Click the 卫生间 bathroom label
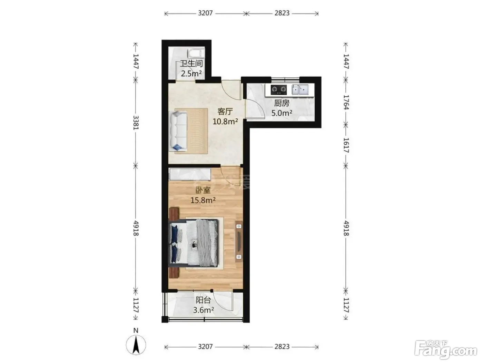point(191,64)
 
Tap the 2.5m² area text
point(191,73)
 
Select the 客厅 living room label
point(225,112)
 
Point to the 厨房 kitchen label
point(282,103)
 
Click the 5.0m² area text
point(282,113)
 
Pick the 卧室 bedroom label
point(203,190)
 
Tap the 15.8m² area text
point(203,200)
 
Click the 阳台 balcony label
point(203,300)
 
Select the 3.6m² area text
point(203,310)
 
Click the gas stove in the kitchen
point(279,89)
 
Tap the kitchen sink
point(300,90)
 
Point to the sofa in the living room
point(178,131)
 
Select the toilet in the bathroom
point(196,54)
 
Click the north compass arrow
point(136,345)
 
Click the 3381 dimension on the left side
point(136,123)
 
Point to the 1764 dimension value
point(346,102)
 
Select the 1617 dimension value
point(346,145)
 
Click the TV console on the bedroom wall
point(239,241)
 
